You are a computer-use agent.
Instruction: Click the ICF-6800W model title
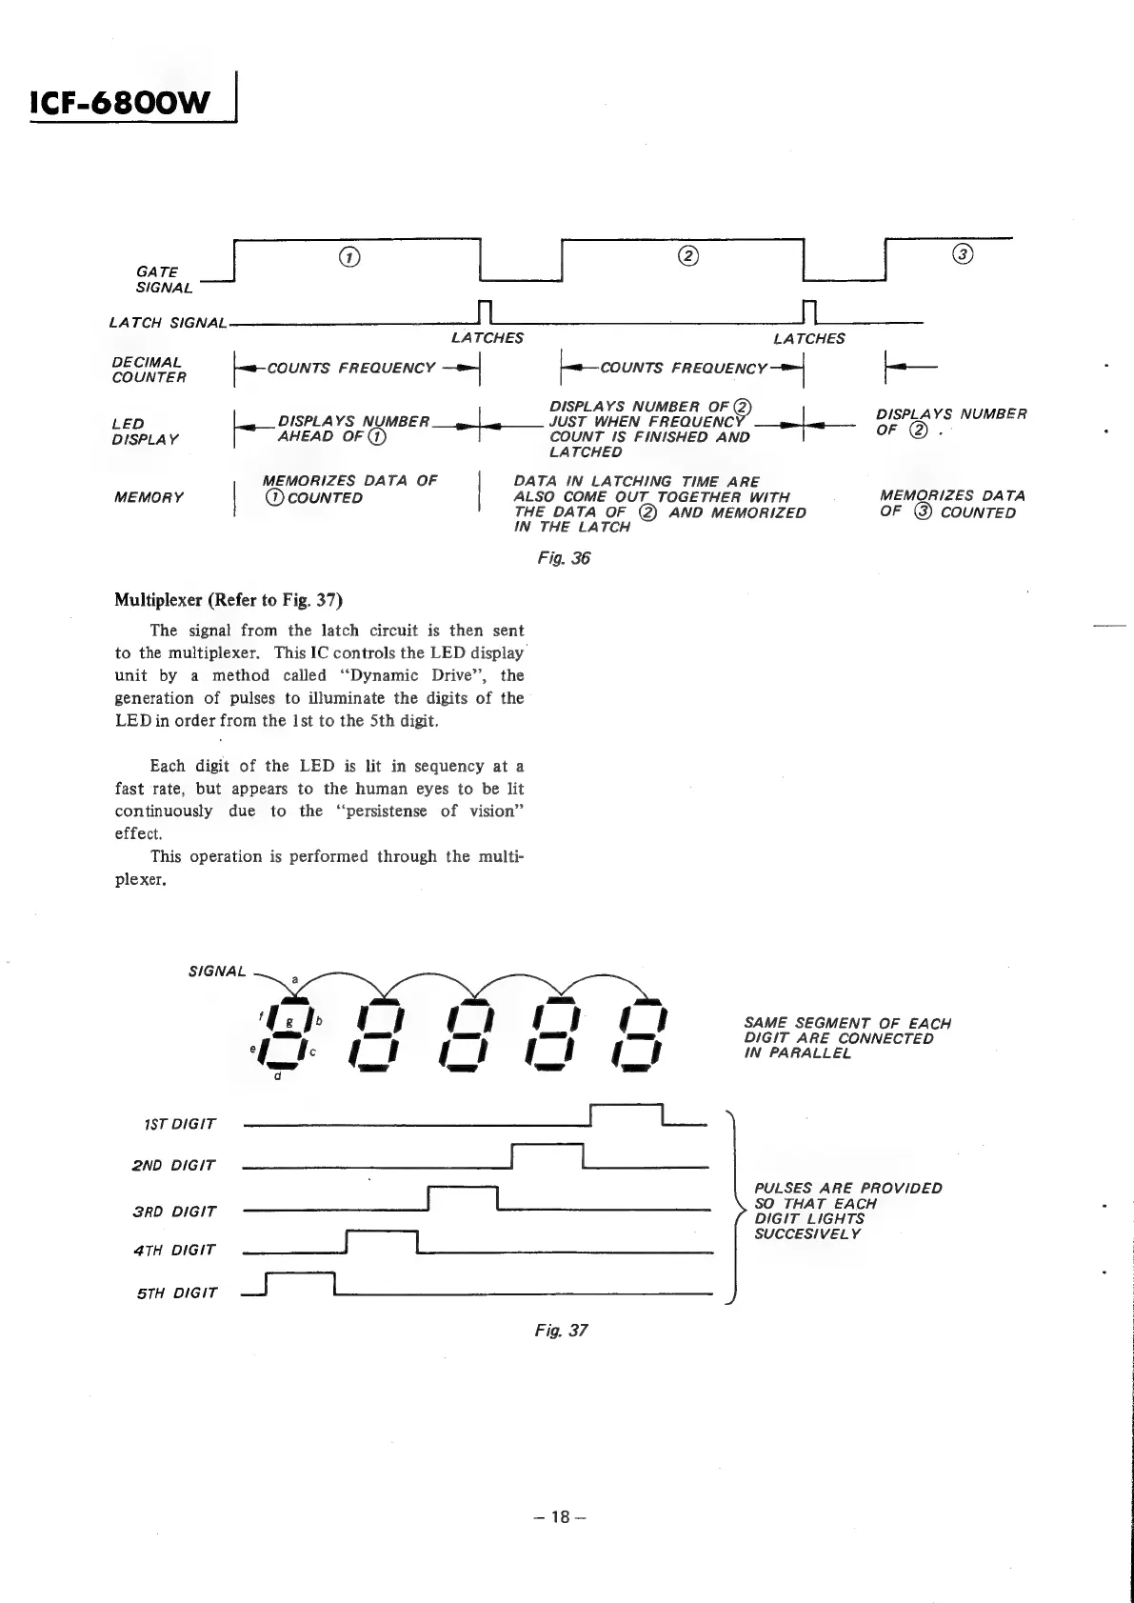[119, 101]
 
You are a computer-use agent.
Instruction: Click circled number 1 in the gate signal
[350, 256]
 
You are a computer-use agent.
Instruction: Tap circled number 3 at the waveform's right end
[963, 254]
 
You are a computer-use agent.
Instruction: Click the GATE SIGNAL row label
[163, 280]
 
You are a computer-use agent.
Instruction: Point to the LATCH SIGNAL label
[168, 324]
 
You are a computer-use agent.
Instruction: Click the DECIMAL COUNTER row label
[149, 370]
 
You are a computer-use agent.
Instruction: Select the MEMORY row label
[147, 497]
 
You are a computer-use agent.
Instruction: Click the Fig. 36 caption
[564, 558]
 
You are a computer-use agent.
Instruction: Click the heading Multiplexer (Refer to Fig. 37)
[229, 600]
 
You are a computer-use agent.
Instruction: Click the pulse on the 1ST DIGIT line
[626, 1114]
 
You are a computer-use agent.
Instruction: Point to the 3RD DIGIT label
[174, 1212]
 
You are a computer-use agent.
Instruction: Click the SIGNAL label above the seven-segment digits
[217, 972]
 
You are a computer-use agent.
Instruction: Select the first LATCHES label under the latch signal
[487, 338]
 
